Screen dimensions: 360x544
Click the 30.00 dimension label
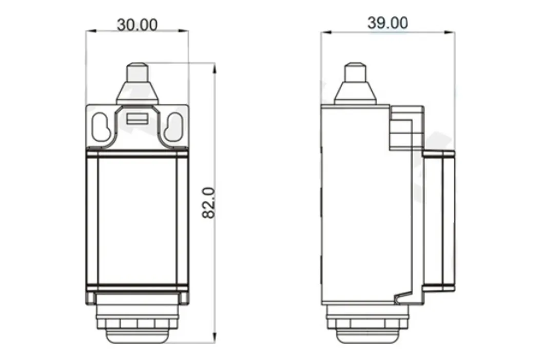(137, 24)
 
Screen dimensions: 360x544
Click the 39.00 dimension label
(387, 23)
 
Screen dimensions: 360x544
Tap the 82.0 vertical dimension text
(208, 203)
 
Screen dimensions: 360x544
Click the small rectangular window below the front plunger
(137, 119)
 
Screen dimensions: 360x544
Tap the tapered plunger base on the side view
(354, 92)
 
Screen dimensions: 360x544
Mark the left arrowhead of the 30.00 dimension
(88, 31)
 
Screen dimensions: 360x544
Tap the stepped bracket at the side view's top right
(406, 127)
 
